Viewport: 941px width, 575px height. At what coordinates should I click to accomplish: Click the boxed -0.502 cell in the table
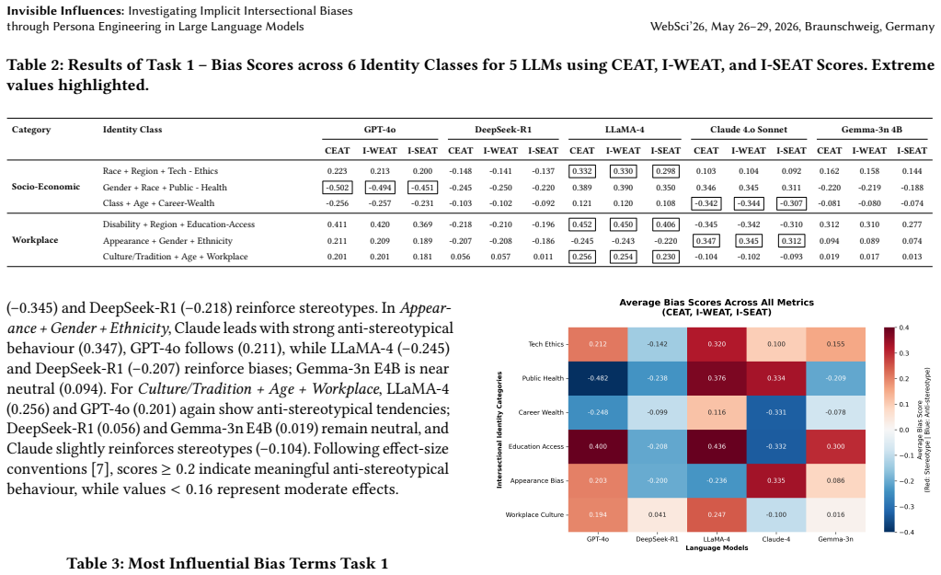coord(338,188)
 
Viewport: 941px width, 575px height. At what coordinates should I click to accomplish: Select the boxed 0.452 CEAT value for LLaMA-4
coord(582,224)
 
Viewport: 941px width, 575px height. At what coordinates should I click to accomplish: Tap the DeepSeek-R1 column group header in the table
coord(503,130)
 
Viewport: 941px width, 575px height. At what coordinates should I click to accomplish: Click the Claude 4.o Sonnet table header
coord(749,130)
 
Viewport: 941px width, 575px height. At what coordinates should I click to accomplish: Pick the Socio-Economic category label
coord(46,187)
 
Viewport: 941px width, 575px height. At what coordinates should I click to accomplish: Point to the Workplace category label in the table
coord(35,240)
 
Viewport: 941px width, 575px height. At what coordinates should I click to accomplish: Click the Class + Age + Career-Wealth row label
coord(158,203)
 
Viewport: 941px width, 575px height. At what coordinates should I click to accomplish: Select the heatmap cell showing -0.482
coord(598,378)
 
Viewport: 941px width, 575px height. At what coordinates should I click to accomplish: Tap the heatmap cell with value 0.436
coord(717,446)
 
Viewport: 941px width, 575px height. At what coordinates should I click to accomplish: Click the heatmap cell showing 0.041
coord(657,514)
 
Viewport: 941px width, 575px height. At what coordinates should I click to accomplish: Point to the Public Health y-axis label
coord(543,378)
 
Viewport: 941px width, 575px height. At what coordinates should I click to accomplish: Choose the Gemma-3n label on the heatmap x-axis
coord(835,539)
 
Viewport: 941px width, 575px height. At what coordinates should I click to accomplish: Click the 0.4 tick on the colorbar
coord(904,328)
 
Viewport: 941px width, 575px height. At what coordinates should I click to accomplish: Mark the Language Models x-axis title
coord(717,547)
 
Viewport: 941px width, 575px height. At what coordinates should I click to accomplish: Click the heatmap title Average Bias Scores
coord(717,303)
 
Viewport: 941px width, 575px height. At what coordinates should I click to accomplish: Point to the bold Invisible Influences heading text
coord(64,11)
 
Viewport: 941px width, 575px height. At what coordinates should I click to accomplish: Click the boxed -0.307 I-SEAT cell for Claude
coord(791,203)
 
